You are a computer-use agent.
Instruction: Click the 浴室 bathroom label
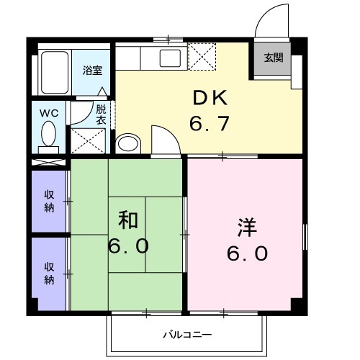(x=91, y=71)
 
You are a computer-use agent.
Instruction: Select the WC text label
(x=48, y=112)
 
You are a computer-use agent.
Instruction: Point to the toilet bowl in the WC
(x=49, y=134)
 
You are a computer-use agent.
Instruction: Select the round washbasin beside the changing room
(x=127, y=143)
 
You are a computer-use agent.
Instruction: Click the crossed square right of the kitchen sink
(x=202, y=56)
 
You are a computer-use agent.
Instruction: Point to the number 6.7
(x=210, y=124)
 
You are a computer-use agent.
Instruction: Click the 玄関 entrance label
(x=272, y=58)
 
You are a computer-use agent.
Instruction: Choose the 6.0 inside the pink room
(x=246, y=253)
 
